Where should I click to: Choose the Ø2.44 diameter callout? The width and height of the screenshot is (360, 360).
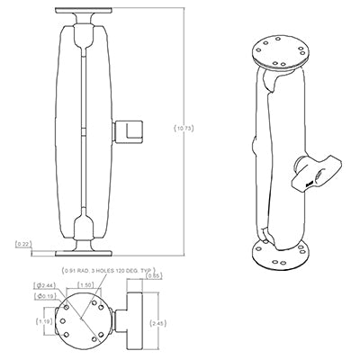point(43,284)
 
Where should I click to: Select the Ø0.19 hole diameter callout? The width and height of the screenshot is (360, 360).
point(43,295)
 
